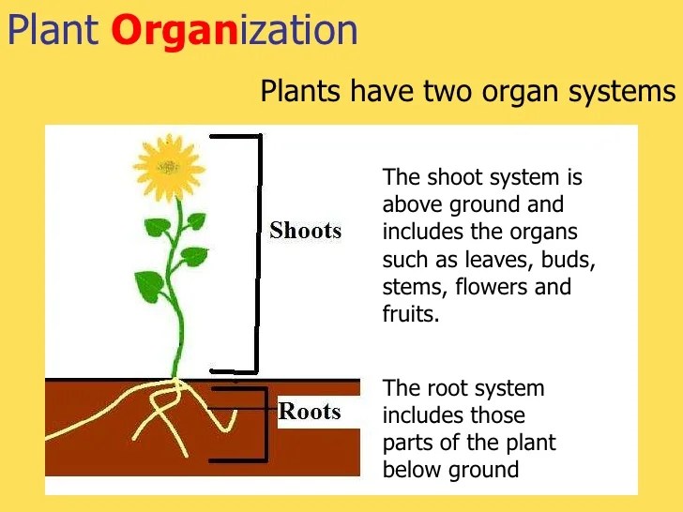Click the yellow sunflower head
(x=168, y=166)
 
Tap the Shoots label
(x=305, y=231)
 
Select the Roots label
(x=310, y=412)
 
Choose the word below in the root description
(x=410, y=469)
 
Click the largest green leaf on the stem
(x=150, y=285)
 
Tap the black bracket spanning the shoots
(x=254, y=253)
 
